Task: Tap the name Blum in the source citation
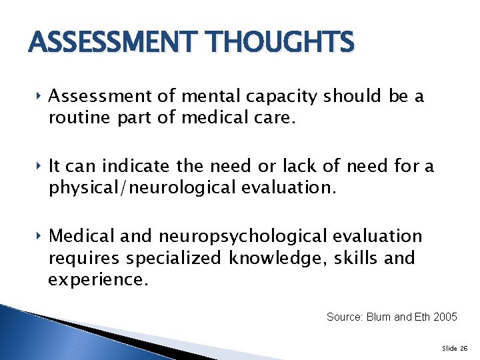coord(379,317)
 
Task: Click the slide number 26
coord(464,347)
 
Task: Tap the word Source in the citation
coord(343,317)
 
